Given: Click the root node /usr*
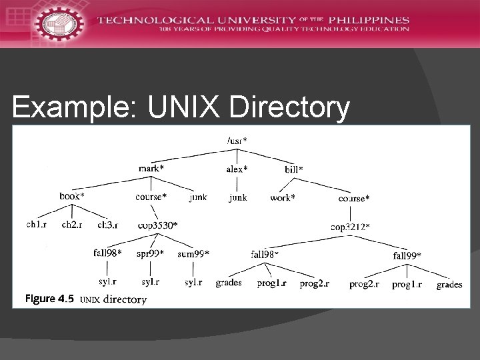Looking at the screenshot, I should pyautogui.click(x=237, y=141).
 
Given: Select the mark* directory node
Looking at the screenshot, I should pyautogui.click(x=151, y=169).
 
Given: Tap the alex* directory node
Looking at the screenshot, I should pyautogui.click(x=237, y=169).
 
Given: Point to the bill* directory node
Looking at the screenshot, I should pyautogui.click(x=294, y=170).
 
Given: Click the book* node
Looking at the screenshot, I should pyautogui.click(x=72, y=197).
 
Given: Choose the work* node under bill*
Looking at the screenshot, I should pyautogui.click(x=283, y=198).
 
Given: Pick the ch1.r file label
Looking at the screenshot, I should pyautogui.click(x=37, y=225).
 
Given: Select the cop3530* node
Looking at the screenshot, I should pyautogui.click(x=157, y=225).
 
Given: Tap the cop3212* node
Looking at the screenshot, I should pyautogui.click(x=350, y=227).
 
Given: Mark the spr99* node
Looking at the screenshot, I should pyautogui.click(x=149, y=254).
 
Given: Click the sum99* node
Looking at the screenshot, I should pyautogui.click(x=193, y=254).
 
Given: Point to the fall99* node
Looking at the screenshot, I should pyautogui.click(x=407, y=255).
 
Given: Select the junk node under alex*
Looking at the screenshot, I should pyautogui.click(x=237, y=197).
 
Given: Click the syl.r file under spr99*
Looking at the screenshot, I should pyautogui.click(x=150, y=283).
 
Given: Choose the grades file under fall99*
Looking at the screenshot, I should pyautogui.click(x=449, y=285).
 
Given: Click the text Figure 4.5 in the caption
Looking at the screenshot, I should pyautogui.click(x=49, y=299).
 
